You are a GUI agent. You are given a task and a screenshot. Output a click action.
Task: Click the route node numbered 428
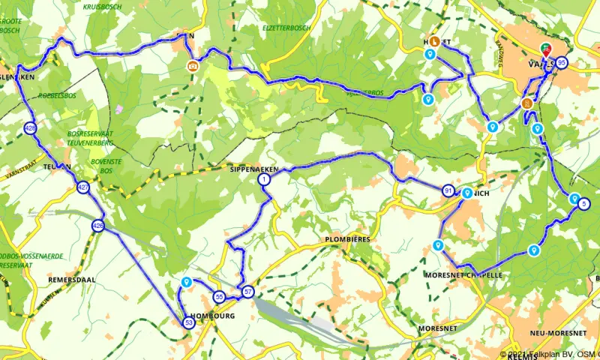[30, 128]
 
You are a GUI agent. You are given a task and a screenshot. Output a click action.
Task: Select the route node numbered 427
[83, 187]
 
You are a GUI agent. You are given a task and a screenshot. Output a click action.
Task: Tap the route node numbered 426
[98, 225]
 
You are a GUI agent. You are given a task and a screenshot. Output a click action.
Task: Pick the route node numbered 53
[189, 322]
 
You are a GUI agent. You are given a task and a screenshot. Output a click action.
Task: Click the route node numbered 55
[219, 296]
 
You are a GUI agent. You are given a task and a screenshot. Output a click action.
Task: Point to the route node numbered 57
[248, 291]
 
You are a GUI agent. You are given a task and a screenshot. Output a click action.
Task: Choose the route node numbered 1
[265, 179]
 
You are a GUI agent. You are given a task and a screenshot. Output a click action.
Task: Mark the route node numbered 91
[448, 190]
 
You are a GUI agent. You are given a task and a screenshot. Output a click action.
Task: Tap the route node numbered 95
[562, 63]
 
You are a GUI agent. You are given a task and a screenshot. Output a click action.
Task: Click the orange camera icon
[193, 65]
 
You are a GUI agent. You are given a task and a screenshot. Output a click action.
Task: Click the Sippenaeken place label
[254, 170]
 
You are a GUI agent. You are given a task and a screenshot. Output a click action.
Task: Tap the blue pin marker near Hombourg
[186, 283]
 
